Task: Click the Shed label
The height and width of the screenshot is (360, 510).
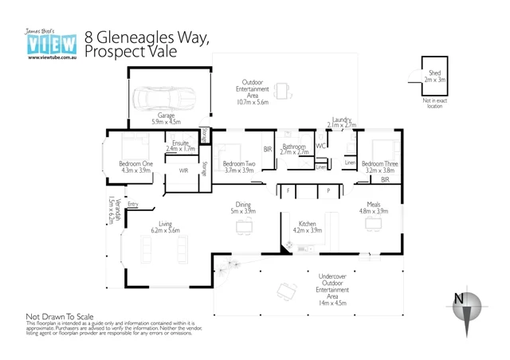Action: pyautogui.click(x=434, y=73)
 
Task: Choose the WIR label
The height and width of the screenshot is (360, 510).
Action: pyautogui.click(x=183, y=170)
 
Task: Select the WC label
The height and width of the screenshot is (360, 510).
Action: pyautogui.click(x=320, y=147)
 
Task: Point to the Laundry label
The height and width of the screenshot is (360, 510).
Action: pyautogui.click(x=342, y=119)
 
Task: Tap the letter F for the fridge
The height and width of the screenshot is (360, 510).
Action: pyautogui.click(x=288, y=191)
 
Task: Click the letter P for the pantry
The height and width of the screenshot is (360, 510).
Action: pyautogui.click(x=328, y=191)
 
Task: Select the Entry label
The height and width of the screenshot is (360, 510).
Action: pyautogui.click(x=133, y=205)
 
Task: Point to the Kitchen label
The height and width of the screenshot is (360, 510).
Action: pyautogui.click(x=308, y=224)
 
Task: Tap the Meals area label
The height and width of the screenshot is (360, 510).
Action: pyautogui.click(x=373, y=205)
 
